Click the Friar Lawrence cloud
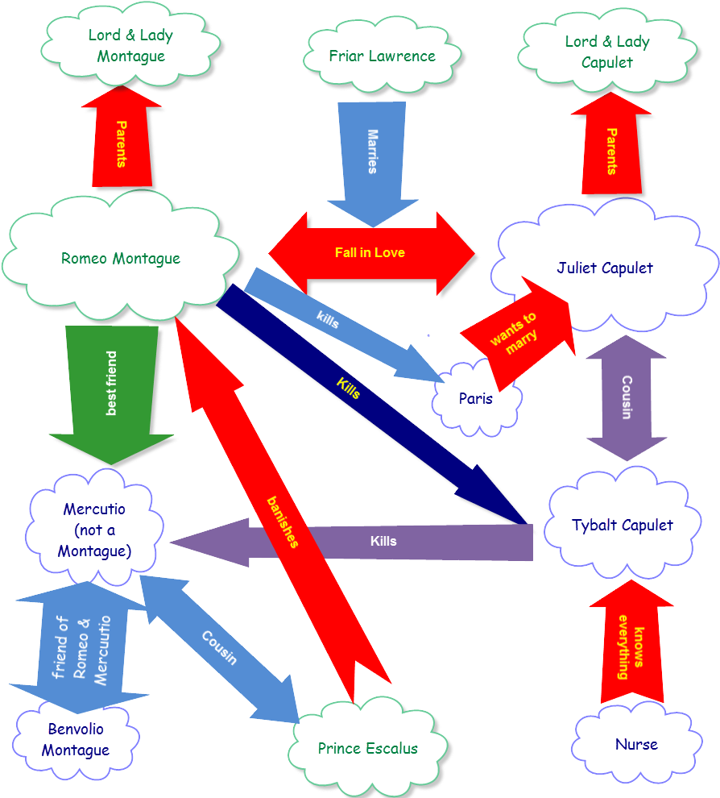(x=382, y=56)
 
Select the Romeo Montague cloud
(x=121, y=259)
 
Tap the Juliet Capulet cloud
(x=604, y=268)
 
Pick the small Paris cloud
(x=476, y=399)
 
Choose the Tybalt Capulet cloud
(x=622, y=526)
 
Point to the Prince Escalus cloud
(x=367, y=749)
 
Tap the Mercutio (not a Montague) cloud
(x=94, y=530)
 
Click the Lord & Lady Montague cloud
(x=130, y=46)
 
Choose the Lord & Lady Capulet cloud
(x=606, y=52)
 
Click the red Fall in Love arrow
(x=370, y=253)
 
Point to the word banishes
(x=283, y=522)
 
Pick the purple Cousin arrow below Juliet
(x=626, y=397)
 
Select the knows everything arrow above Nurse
(x=632, y=649)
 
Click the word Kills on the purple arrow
(x=383, y=541)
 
